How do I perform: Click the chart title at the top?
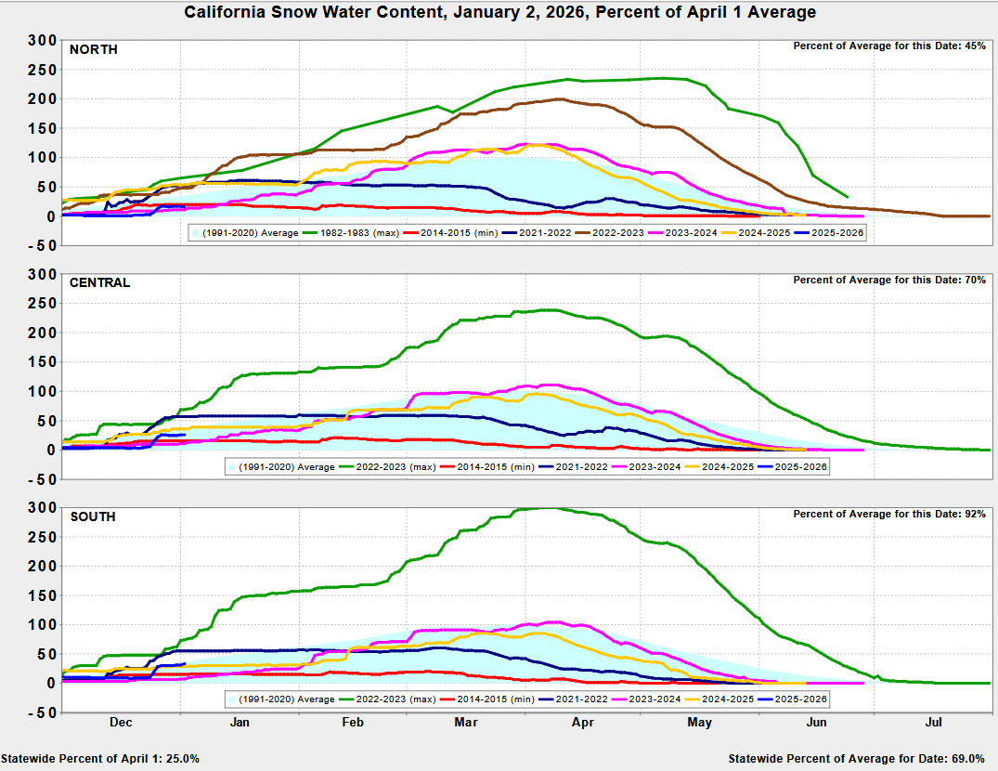click(499, 12)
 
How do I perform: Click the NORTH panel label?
click(93, 49)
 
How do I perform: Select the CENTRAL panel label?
click(99, 282)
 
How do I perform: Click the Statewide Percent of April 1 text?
click(100, 759)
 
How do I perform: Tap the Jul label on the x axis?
click(934, 721)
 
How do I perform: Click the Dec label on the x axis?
click(120, 721)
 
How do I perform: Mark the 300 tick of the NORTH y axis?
click(43, 40)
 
